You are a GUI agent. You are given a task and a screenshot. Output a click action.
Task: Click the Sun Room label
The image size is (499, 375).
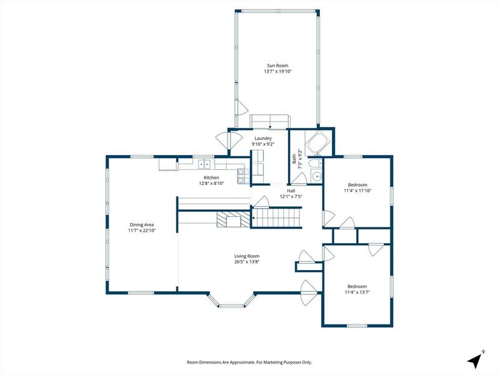click(x=278, y=66)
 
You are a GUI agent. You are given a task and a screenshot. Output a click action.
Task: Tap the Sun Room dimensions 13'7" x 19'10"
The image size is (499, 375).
click(x=278, y=71)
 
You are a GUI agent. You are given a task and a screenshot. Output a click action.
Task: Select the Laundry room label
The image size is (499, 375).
click(x=263, y=138)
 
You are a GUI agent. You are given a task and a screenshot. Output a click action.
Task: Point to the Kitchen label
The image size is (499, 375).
click(x=211, y=177)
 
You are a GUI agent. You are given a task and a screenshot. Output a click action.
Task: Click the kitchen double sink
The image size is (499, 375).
click(x=205, y=164)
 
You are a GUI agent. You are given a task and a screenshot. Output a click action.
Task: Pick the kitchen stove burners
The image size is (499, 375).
click(x=241, y=176)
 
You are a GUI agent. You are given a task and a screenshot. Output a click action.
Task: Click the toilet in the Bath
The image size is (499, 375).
click(x=315, y=164)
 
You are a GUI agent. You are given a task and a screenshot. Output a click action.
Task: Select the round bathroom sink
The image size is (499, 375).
click(x=316, y=177)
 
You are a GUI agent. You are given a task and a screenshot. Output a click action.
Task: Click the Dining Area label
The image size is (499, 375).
click(x=142, y=224)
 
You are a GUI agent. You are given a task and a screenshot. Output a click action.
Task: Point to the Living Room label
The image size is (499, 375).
click(x=247, y=256)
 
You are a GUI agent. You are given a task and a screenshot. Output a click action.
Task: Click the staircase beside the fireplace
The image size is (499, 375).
click(x=276, y=217)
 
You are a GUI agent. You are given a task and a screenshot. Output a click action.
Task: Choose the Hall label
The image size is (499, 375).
click(x=291, y=191)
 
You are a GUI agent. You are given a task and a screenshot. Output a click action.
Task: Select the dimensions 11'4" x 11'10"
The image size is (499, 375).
click(x=357, y=191)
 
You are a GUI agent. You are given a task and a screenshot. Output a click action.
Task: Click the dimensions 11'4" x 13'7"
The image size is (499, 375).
click(x=357, y=292)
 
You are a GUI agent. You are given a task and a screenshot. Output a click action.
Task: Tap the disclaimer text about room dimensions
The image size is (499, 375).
click(x=249, y=362)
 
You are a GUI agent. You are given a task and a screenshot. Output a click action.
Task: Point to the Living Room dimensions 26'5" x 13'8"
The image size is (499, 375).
click(x=247, y=262)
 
